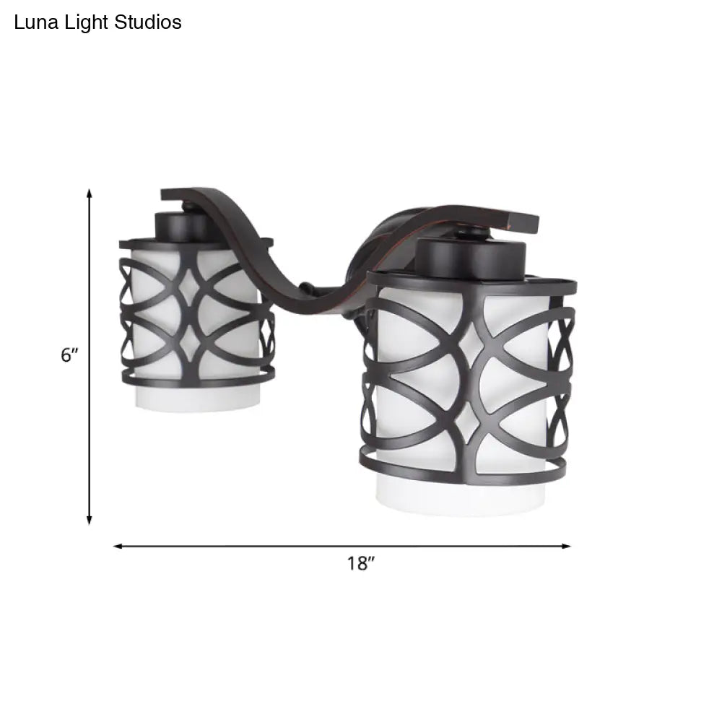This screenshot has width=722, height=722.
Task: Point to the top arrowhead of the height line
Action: click(90, 193)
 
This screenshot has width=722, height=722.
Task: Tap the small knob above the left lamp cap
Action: click(189, 209)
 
